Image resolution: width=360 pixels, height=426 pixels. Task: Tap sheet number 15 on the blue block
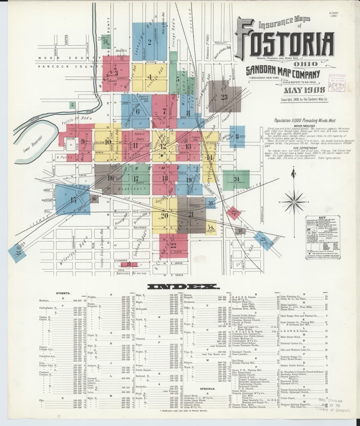click(74, 200)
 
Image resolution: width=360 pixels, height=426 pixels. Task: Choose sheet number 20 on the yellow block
click(165, 215)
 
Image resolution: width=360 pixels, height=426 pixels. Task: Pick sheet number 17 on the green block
click(135, 178)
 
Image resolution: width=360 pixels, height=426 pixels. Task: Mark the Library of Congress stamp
click(333, 410)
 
